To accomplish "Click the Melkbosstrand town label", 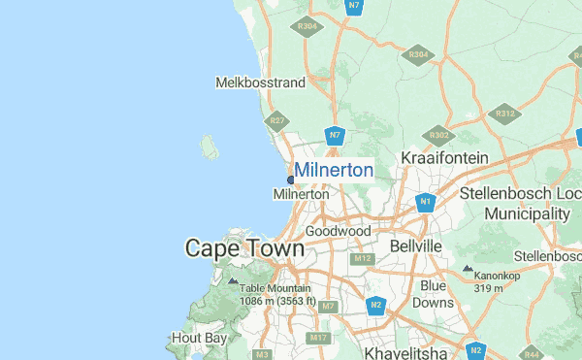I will point(260,82).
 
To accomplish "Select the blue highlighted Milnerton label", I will point(334,171).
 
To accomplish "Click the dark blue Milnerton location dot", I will point(291,180).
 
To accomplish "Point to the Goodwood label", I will point(338,231).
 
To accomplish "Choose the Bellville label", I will point(415,246).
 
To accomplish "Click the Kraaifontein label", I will point(444,157).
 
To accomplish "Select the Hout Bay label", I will point(198,338).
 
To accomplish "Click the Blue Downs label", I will point(433,294).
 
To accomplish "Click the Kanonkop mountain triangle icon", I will point(468,269).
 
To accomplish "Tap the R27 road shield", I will point(278,121).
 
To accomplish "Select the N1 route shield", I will point(425,202).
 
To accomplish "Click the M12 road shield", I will point(363,259).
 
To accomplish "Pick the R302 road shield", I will point(438,135).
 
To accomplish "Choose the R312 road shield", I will point(504,114).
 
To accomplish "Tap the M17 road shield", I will point(318,338).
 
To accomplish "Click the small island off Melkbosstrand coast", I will point(209,147).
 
